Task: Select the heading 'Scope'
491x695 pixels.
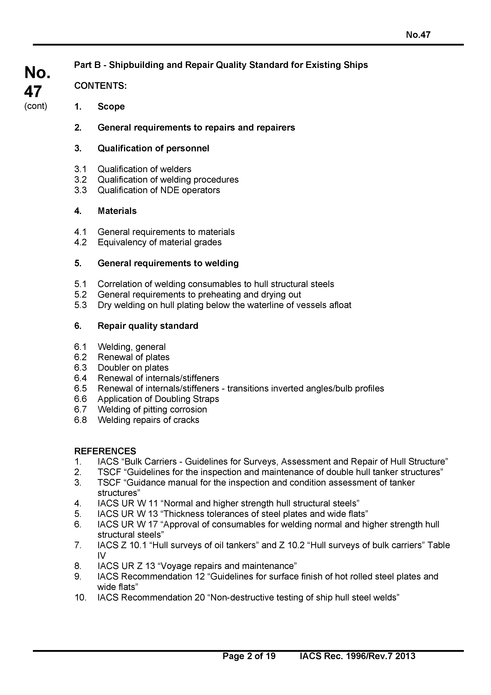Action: pyautogui.click(x=111, y=107)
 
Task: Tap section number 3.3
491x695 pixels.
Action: pyautogui.click(x=80, y=190)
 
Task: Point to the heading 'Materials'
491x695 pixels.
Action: pyautogui.click(x=117, y=211)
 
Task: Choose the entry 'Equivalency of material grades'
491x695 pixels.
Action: pyautogui.click(x=159, y=242)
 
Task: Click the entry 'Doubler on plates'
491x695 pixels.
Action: pyautogui.click(x=133, y=368)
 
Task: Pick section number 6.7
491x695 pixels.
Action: pyautogui.click(x=80, y=409)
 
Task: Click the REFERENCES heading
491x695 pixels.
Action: pyautogui.click(x=105, y=451)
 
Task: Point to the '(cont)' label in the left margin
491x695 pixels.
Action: pyautogui.click(x=36, y=106)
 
